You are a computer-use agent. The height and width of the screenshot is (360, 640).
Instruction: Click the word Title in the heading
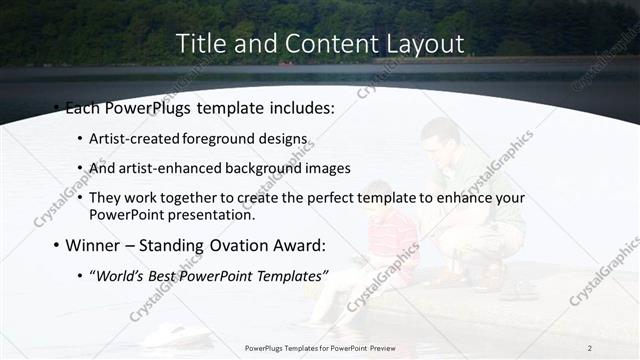coord(199,44)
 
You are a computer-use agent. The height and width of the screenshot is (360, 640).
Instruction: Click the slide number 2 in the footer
coord(590,348)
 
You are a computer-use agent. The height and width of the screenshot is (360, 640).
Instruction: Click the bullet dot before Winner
coord(56,245)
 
